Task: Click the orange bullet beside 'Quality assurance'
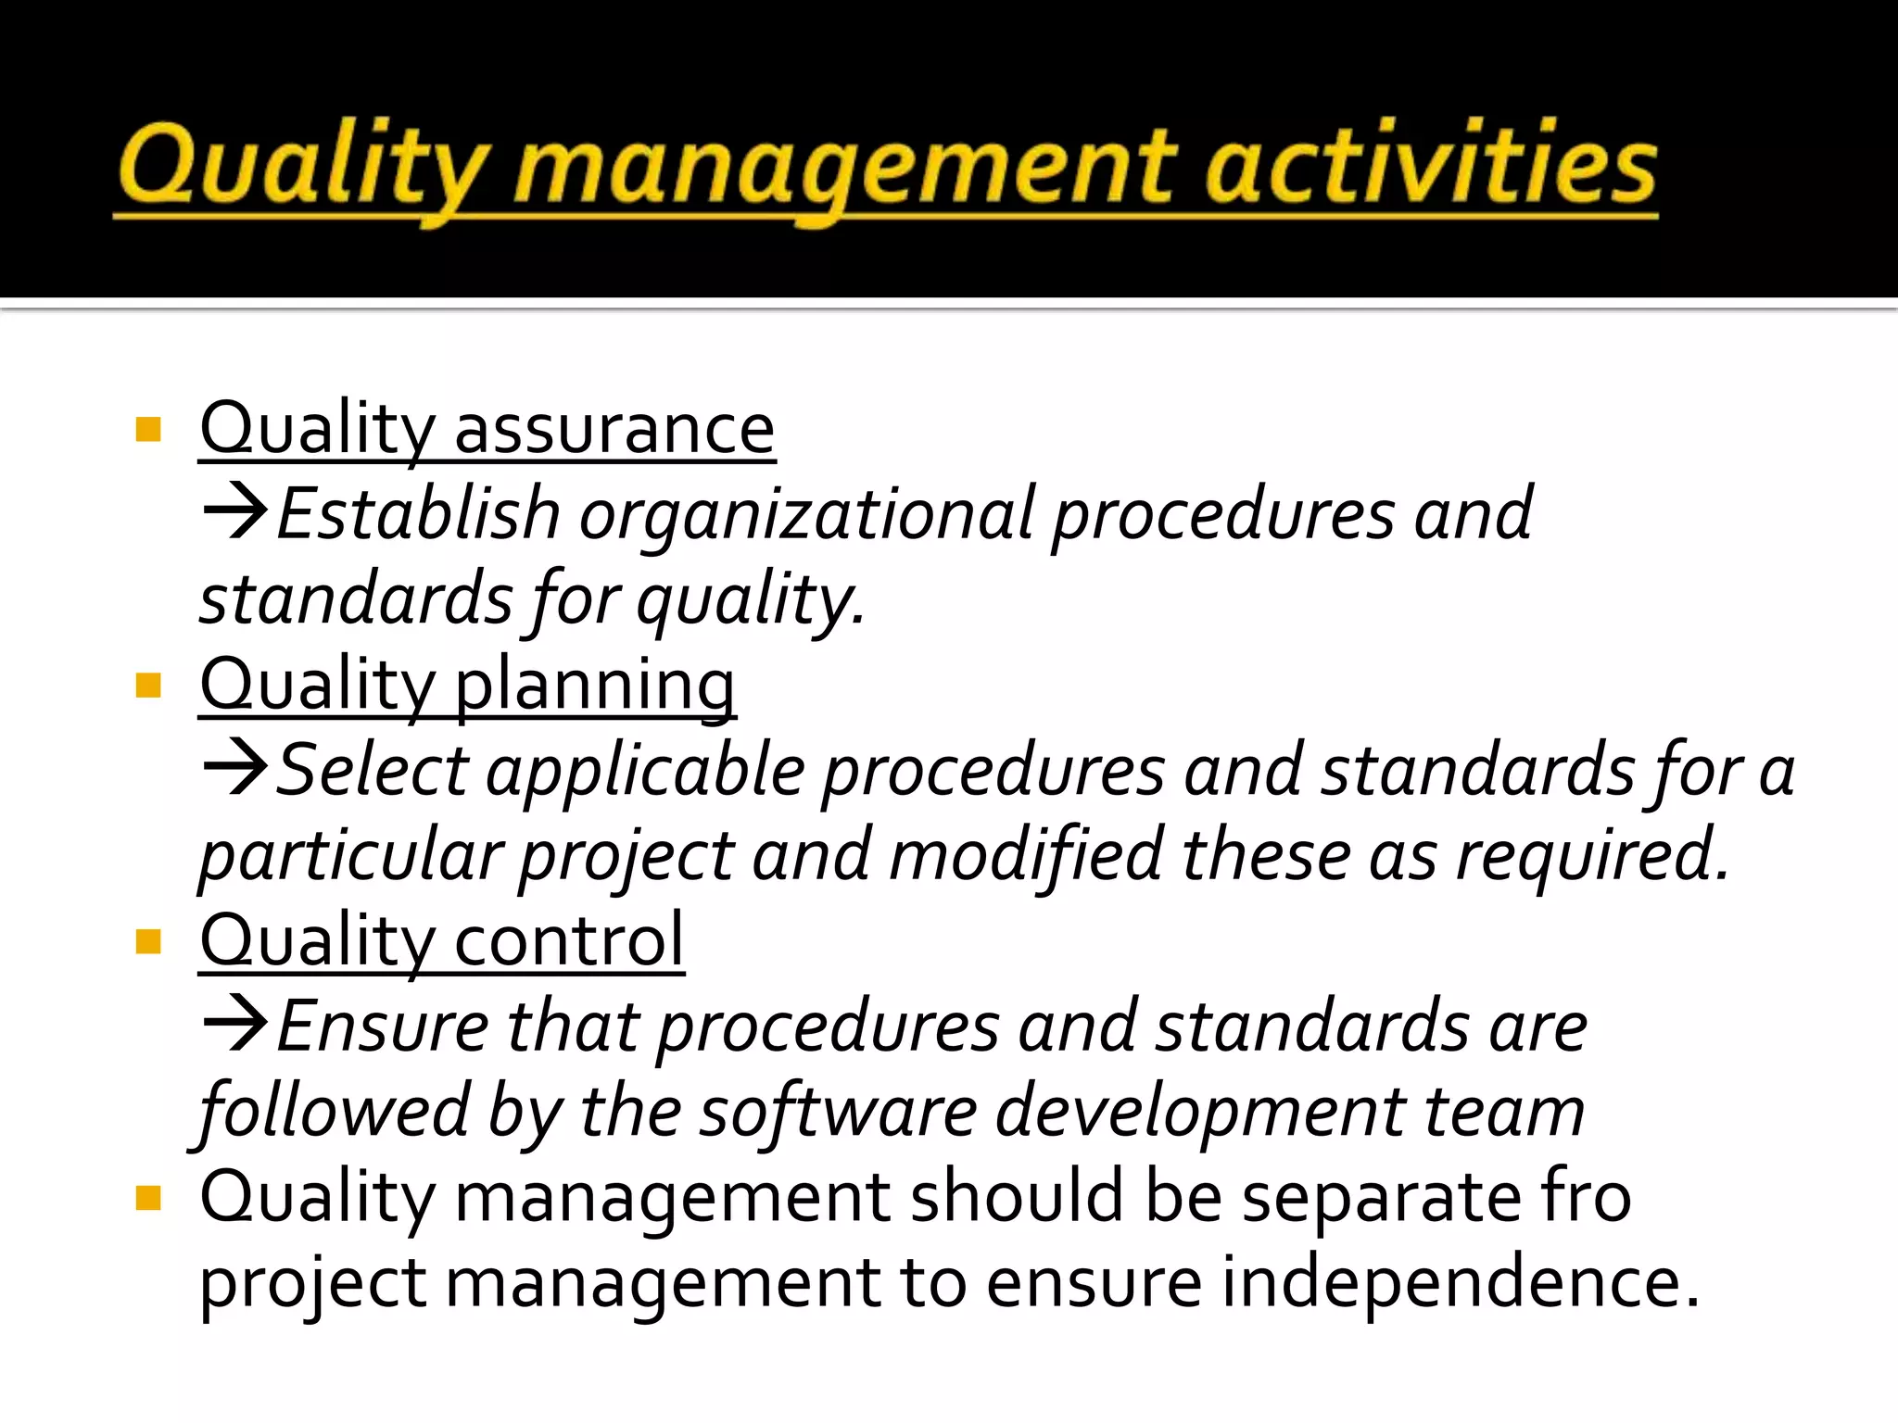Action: click(x=148, y=430)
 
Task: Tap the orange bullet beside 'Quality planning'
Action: click(x=148, y=686)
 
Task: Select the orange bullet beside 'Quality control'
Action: click(x=148, y=942)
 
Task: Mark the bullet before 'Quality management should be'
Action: click(x=148, y=1199)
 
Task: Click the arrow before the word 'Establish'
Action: click(x=235, y=511)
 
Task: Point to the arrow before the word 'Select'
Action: click(x=235, y=767)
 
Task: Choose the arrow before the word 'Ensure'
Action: click(x=235, y=1024)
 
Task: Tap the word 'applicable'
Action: click(x=646, y=772)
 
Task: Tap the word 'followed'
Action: click(x=334, y=1111)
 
